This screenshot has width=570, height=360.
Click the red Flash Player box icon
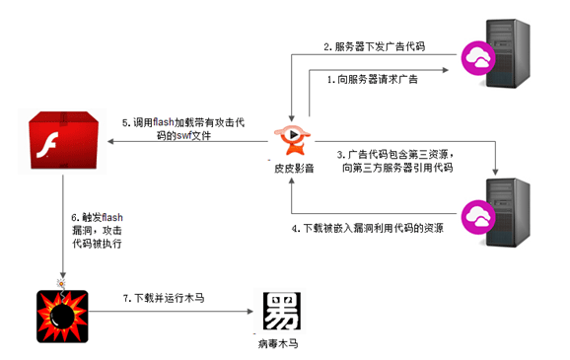point(64,140)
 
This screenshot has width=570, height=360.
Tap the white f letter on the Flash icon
point(47,145)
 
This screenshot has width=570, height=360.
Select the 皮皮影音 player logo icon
point(292,140)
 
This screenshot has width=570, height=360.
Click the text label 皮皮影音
point(294,169)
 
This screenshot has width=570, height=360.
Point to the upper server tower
point(508,53)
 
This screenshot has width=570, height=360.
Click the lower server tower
point(508,213)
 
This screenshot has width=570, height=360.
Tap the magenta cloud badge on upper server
point(478,58)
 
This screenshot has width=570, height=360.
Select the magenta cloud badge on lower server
point(478,217)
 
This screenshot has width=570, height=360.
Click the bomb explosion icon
point(62,316)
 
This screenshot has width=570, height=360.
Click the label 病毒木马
point(278,343)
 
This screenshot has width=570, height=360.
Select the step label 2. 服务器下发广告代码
point(375,46)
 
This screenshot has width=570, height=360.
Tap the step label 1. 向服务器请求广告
point(372,79)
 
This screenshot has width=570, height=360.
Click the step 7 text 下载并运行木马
point(164,298)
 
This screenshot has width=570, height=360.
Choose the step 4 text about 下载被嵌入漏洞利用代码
point(368,229)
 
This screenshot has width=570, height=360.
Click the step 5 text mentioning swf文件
point(183,129)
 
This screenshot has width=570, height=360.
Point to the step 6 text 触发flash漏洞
point(97,231)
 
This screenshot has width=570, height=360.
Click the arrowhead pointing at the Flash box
point(110,141)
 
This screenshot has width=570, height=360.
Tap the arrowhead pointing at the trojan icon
point(250,312)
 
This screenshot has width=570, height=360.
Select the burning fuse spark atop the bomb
point(61,283)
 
